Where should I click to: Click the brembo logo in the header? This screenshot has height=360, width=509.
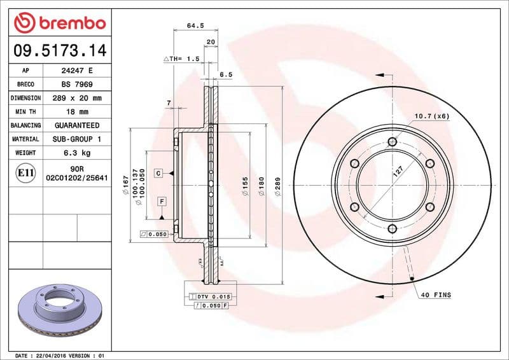point(59,22)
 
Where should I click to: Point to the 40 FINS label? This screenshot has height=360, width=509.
point(435,296)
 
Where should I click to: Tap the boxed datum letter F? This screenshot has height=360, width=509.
point(162,202)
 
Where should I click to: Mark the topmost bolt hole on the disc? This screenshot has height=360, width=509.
point(392,142)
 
